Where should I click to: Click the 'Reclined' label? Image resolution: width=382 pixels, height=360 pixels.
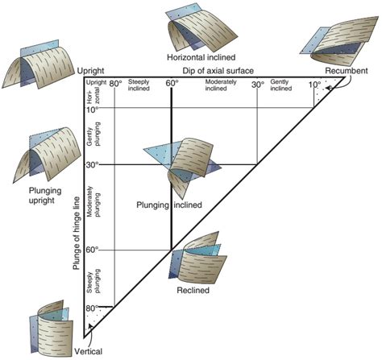(193, 289)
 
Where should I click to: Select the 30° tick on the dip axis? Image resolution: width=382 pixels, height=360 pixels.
(257, 84)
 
